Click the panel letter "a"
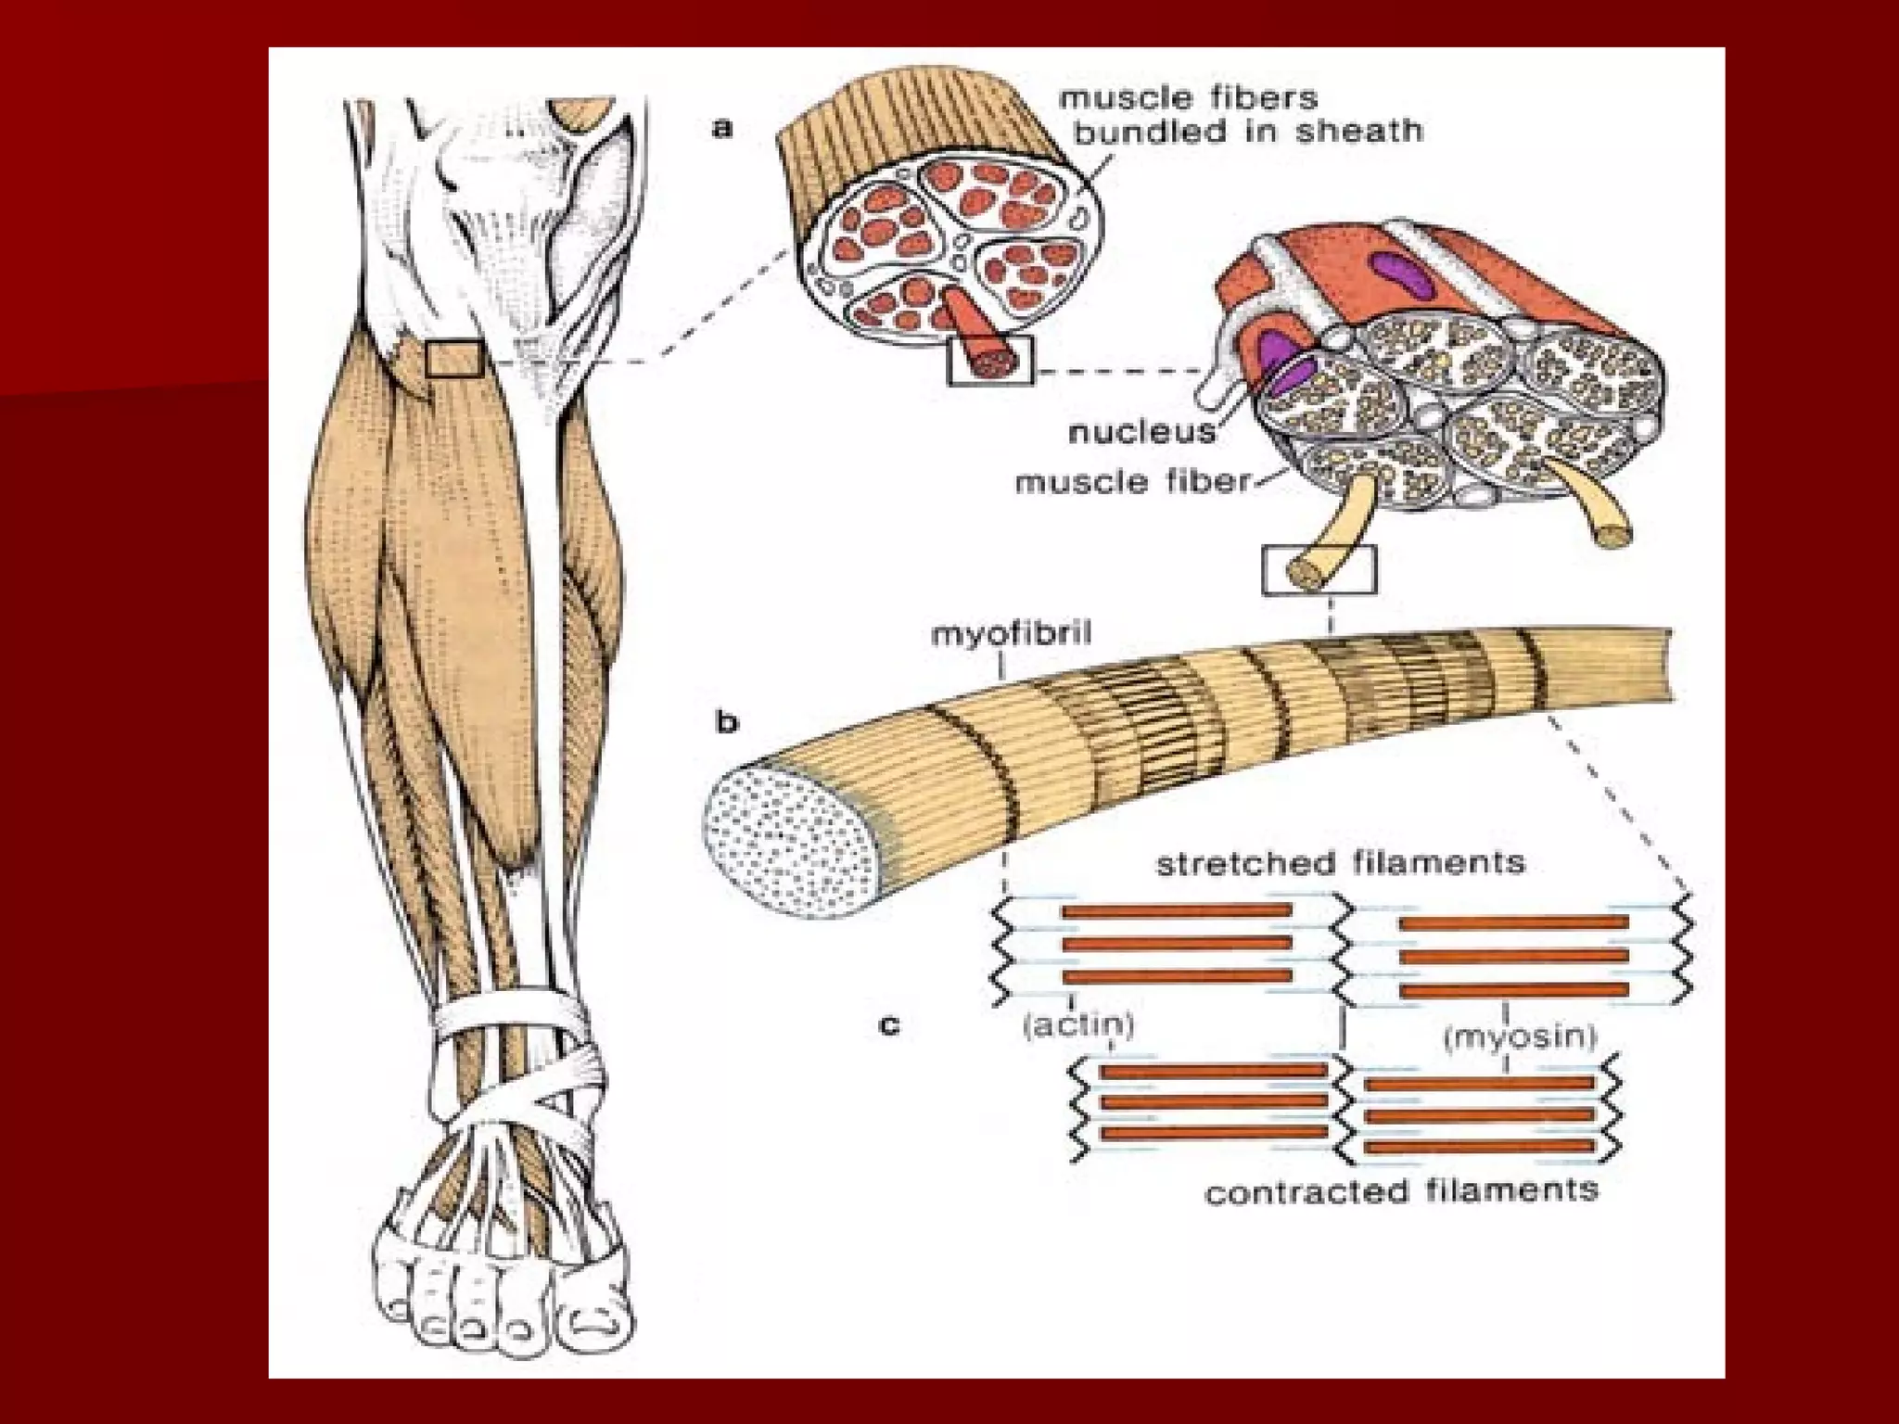pyautogui.click(x=722, y=127)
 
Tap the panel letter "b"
pyautogui.click(x=728, y=722)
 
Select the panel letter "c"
pyautogui.click(x=889, y=1025)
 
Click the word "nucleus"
pyautogui.click(x=1141, y=432)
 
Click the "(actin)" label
pyautogui.click(x=1078, y=1025)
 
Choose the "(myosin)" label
pyautogui.click(x=1521, y=1036)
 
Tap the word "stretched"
pyautogui.click(x=1241, y=864)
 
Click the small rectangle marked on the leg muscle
pyautogui.click(x=454, y=359)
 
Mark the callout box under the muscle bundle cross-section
pyautogui.click(x=989, y=361)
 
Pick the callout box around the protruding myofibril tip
pyautogui.click(x=1319, y=569)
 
